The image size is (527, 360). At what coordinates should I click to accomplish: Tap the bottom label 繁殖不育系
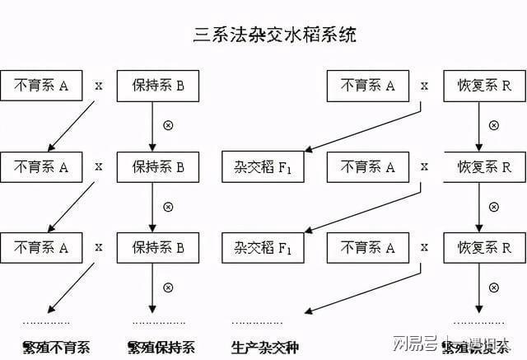click(x=56, y=346)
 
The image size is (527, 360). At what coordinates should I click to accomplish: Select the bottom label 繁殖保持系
click(x=162, y=346)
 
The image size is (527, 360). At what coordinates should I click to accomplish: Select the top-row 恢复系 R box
click(x=484, y=85)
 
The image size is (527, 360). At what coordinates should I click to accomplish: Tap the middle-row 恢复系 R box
click(x=484, y=167)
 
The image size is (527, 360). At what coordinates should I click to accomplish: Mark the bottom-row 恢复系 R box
click(x=484, y=246)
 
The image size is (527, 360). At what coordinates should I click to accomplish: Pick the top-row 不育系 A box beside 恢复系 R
click(x=367, y=85)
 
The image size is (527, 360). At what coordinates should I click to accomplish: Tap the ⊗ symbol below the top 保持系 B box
click(x=169, y=126)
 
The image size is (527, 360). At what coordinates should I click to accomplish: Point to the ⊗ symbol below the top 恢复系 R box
click(x=494, y=126)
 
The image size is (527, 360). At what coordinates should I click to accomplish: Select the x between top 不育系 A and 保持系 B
click(x=99, y=85)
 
